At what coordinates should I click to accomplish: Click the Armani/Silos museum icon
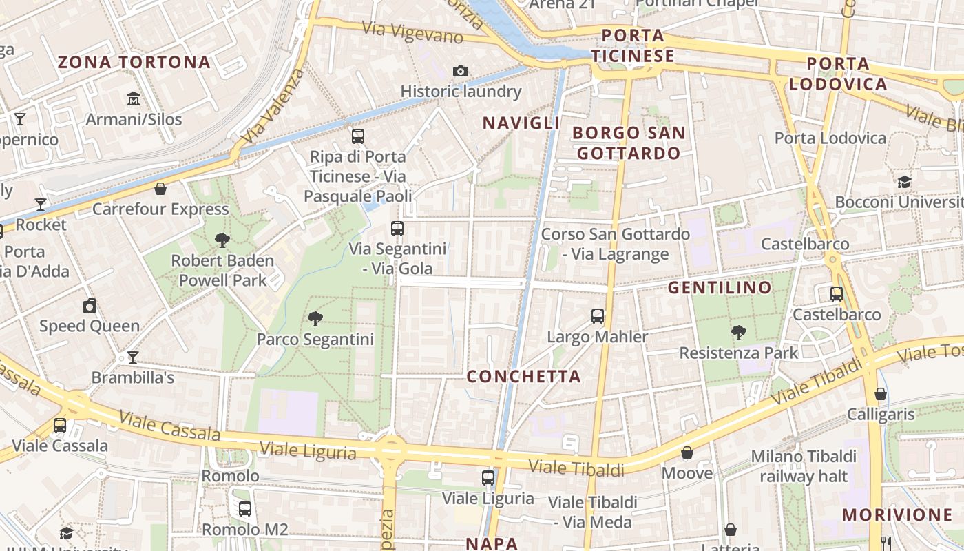click(x=134, y=99)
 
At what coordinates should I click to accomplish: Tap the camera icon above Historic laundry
click(x=461, y=71)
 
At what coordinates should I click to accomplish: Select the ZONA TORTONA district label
click(x=134, y=63)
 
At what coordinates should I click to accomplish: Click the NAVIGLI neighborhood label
click(x=521, y=123)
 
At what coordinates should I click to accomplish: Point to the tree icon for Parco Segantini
click(x=315, y=318)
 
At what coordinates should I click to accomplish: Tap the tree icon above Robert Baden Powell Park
click(x=222, y=240)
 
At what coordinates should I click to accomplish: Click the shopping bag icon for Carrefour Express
click(x=160, y=189)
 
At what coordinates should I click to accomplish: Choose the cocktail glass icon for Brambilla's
click(x=132, y=357)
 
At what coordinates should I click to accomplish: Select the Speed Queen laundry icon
click(x=90, y=306)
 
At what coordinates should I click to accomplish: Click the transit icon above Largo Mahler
click(x=598, y=316)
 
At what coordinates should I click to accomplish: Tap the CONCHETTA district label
click(x=524, y=377)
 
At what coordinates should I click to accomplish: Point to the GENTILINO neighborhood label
click(x=720, y=288)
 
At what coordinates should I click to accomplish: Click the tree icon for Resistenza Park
click(x=739, y=333)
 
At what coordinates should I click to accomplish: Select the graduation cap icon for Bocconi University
click(x=904, y=182)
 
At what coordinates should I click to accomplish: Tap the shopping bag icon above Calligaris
click(x=881, y=394)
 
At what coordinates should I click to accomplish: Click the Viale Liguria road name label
click(x=307, y=450)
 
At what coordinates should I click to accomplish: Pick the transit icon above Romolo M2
click(x=245, y=509)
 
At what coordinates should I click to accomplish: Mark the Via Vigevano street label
click(x=412, y=32)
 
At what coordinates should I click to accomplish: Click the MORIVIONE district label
click(x=897, y=514)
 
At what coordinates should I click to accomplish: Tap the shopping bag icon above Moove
click(x=687, y=453)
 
